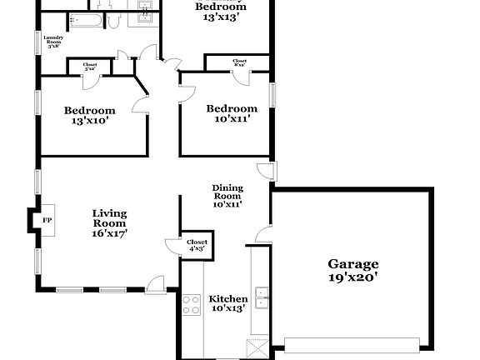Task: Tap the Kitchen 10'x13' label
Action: [228, 304]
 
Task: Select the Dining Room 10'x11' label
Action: [227, 196]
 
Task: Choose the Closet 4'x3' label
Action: [197, 245]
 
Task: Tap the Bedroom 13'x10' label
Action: [90, 115]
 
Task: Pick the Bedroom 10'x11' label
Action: [232, 113]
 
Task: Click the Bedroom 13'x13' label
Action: [222, 11]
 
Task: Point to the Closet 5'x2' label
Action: [90, 66]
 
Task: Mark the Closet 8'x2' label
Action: [240, 62]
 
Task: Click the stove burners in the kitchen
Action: [191, 304]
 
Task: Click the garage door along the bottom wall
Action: [352, 343]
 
